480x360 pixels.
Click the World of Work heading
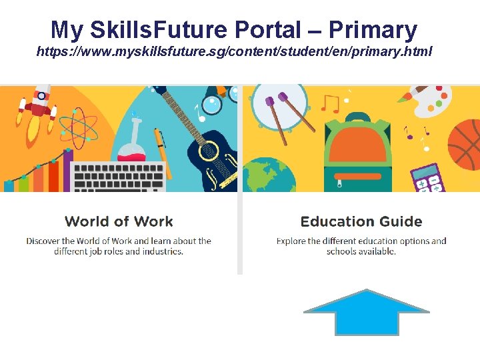point(119,221)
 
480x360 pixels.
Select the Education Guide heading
point(361,221)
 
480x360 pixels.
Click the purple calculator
point(427,177)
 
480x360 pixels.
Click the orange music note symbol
point(330,103)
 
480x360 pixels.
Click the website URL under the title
point(234,51)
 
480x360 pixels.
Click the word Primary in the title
point(373,29)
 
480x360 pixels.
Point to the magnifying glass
point(212,105)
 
